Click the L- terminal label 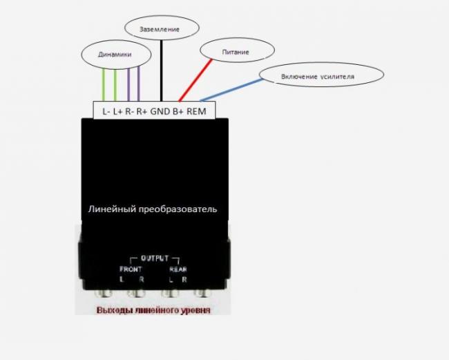point(106,111)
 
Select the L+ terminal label point(117,111)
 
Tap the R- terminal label point(130,111)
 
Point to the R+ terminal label point(142,111)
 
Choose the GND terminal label point(160,111)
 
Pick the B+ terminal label point(178,111)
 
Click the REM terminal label point(196,111)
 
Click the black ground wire point(162,70)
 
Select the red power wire point(195,80)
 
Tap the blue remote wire point(232,90)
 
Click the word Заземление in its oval point(160,29)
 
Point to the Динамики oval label point(115,55)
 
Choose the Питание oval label point(236,52)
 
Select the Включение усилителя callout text point(318,77)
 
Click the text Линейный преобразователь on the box point(153,209)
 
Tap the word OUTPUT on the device point(155,258)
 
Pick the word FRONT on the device point(131,269)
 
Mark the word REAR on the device point(178,269)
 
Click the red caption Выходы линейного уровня point(153,310)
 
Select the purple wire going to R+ point(139,84)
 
